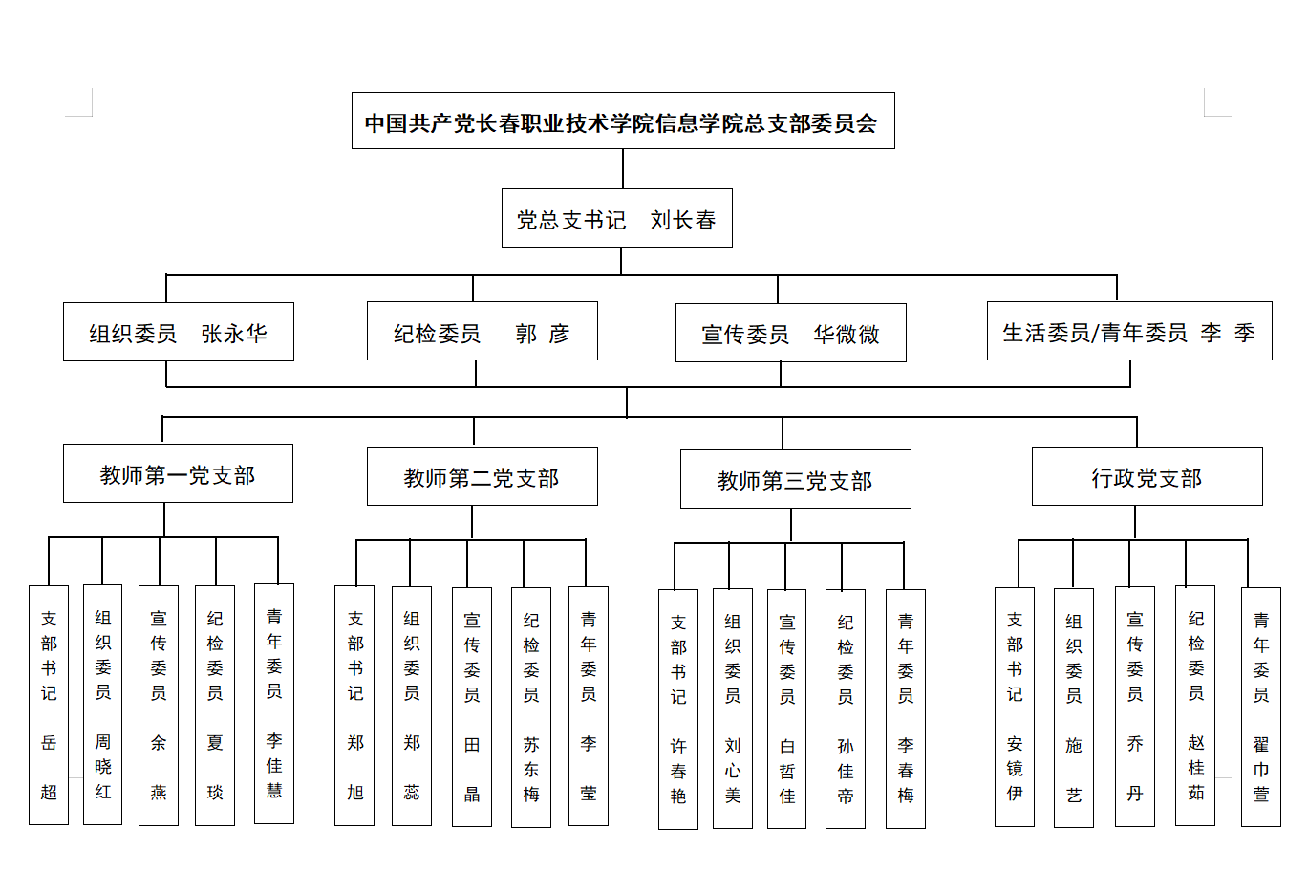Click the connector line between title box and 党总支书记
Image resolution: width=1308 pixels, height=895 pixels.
click(622, 169)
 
